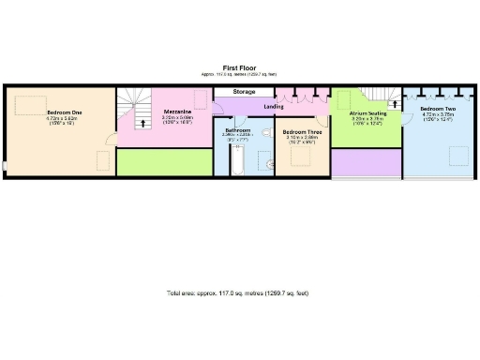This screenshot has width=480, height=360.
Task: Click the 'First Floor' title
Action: tap(240, 67)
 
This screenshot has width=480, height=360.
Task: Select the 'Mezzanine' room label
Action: tap(177, 111)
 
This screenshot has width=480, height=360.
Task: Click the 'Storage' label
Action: tap(245, 92)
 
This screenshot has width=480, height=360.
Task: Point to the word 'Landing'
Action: tap(274, 106)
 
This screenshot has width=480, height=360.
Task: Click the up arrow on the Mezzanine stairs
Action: tap(142, 122)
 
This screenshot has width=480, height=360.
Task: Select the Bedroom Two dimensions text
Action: tap(439, 118)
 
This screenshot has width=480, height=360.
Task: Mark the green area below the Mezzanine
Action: tap(164, 162)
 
